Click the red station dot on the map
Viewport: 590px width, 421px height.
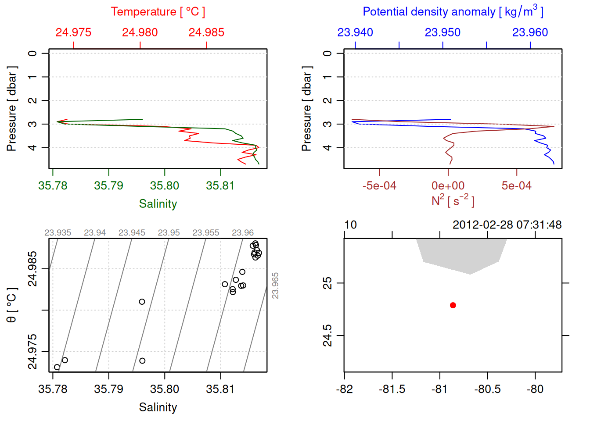coord(453,305)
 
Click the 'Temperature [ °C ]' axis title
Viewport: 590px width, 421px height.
coord(158,12)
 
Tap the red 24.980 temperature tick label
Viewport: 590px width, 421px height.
coord(140,32)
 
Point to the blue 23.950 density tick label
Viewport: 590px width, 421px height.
coord(442,32)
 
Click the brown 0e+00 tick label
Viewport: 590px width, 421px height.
coord(448,186)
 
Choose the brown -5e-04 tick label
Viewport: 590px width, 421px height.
coord(379,186)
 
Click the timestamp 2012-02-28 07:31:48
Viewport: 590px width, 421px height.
coord(507,225)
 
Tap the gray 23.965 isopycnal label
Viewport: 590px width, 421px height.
coord(276,286)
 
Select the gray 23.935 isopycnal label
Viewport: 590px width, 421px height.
coord(58,233)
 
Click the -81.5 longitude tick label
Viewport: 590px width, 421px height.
coord(392,389)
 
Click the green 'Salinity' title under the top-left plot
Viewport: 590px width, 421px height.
coord(158,204)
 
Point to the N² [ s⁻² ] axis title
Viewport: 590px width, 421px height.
coord(453,201)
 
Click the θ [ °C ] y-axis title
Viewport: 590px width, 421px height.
coord(12,305)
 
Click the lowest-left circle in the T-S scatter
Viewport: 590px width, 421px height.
coord(57,367)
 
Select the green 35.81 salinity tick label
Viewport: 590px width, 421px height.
coord(220,186)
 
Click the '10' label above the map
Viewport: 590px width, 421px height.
coord(350,225)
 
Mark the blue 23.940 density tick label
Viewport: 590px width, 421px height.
coord(355,32)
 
